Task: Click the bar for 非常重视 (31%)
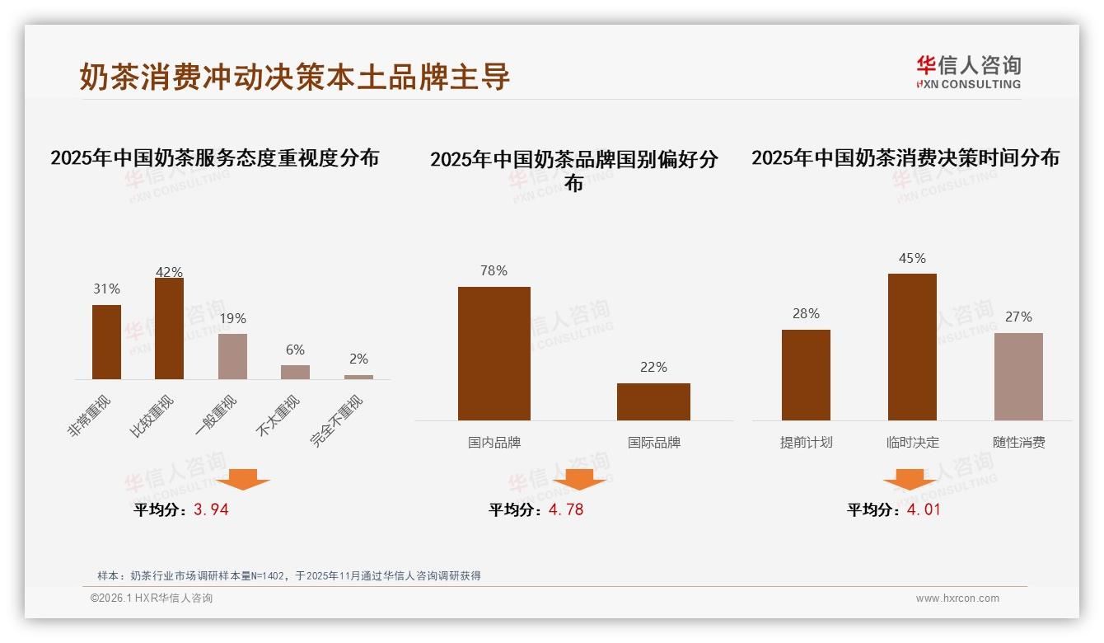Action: [x=106, y=342]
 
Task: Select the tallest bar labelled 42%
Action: [x=169, y=328]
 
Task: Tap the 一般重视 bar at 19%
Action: [x=232, y=356]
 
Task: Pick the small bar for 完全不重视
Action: [x=358, y=377]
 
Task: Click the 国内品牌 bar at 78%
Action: [x=494, y=354]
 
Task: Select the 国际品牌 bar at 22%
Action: [x=653, y=401]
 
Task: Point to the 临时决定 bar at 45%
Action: [x=912, y=346]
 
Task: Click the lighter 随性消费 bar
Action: [x=1018, y=376]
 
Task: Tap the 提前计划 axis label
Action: [x=806, y=443]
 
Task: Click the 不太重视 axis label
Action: [x=279, y=417]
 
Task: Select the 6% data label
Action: [x=295, y=350]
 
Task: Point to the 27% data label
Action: [x=1018, y=317]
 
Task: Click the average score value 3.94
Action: [x=211, y=509]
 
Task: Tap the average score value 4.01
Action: [x=924, y=509]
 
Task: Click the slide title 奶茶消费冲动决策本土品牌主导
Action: [x=295, y=77]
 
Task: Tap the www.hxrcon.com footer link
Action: [x=957, y=598]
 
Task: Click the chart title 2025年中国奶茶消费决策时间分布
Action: [x=905, y=158]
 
